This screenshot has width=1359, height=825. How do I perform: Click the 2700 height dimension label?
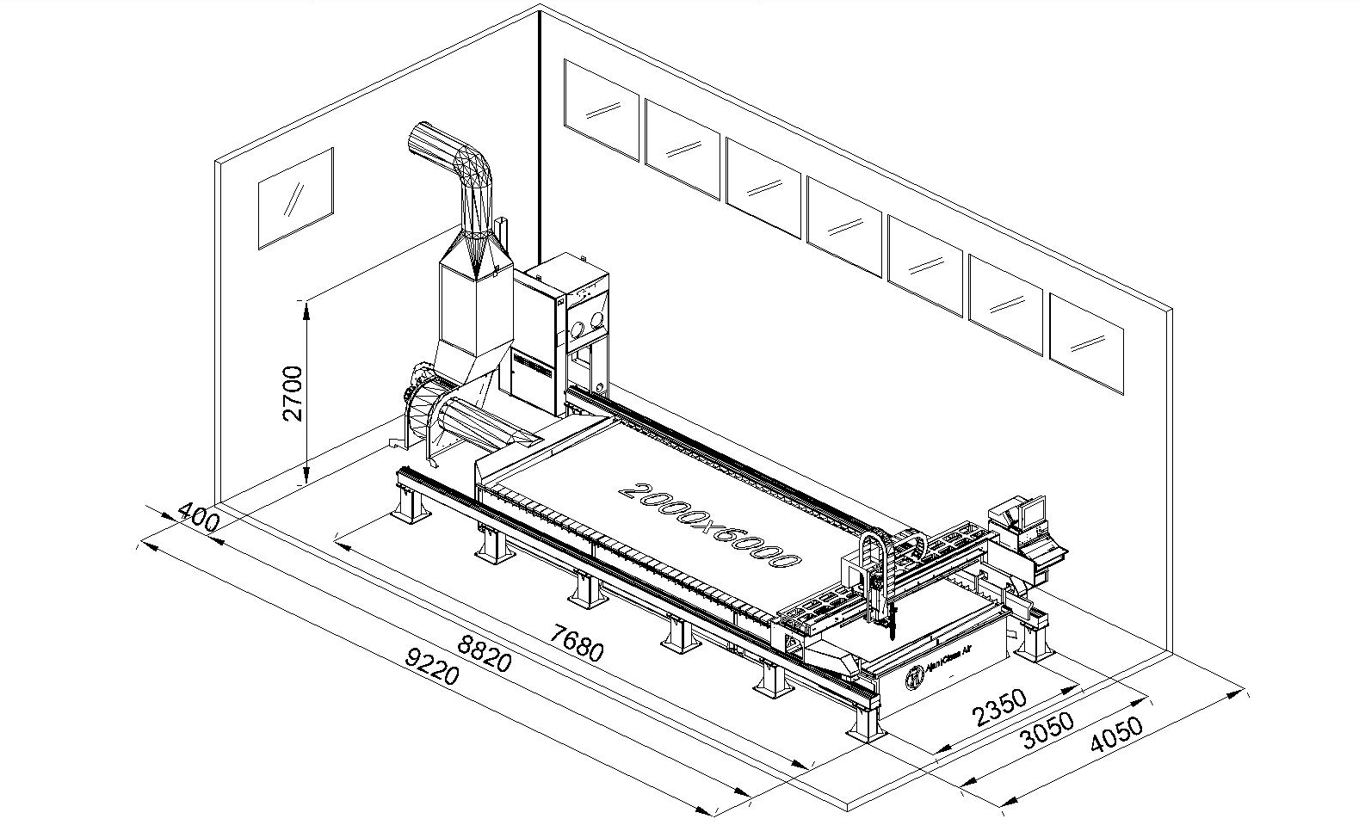click(x=293, y=393)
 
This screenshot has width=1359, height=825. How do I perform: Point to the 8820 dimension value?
click(x=485, y=653)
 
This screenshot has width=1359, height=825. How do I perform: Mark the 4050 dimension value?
click(x=1115, y=736)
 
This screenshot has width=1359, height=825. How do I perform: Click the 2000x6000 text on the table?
click(x=710, y=526)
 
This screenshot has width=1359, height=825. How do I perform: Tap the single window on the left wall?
click(x=295, y=199)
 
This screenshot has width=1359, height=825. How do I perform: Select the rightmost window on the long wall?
click(x=1086, y=343)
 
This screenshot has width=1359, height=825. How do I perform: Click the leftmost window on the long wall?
click(x=602, y=108)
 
